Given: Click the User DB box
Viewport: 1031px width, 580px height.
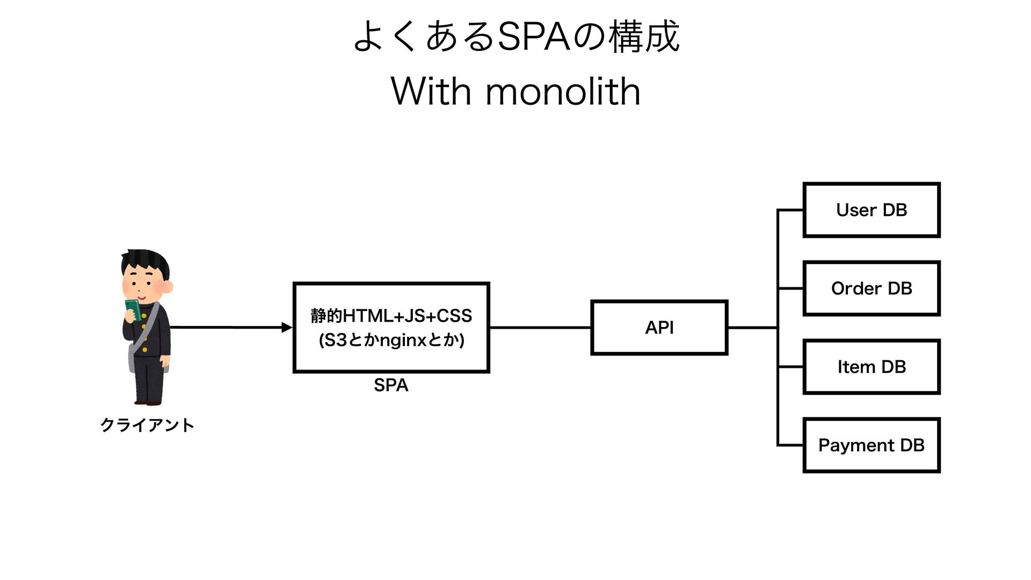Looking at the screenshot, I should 871,210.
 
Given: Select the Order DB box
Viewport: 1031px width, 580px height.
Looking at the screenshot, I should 871,288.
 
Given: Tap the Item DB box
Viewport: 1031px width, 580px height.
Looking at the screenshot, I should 871,367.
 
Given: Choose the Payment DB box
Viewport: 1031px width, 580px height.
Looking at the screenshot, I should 871,445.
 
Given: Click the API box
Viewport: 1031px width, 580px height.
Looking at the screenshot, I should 659,328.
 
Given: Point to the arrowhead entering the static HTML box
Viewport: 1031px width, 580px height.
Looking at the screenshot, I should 287,327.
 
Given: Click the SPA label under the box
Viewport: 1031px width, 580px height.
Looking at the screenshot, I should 391,385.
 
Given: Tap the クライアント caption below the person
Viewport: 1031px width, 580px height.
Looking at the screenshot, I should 147,425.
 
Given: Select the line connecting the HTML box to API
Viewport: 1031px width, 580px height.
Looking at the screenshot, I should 540,328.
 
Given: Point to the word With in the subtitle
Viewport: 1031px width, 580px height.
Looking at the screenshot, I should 431,91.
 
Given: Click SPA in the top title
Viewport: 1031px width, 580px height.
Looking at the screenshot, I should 534,37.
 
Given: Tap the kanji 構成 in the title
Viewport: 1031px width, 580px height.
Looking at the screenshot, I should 644,37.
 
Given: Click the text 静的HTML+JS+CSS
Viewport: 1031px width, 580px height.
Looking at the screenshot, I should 391,316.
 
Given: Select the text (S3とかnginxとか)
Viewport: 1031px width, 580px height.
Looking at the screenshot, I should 391,340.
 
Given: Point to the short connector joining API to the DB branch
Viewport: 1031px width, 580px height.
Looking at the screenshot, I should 752,328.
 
